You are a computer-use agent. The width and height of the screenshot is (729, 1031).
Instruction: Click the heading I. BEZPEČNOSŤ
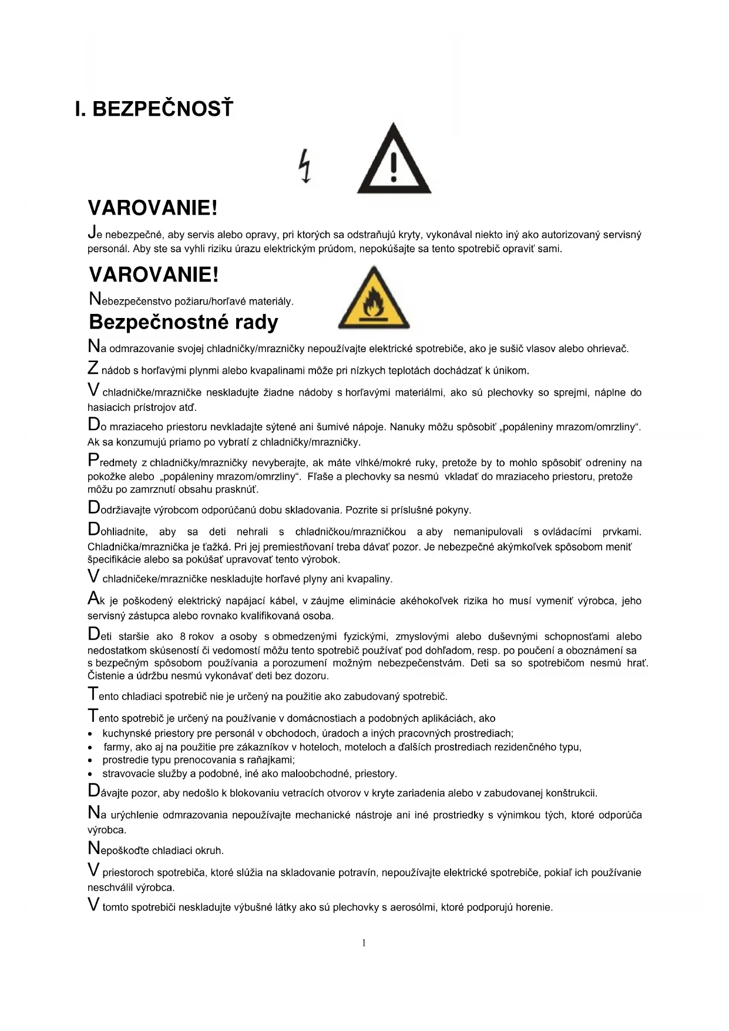click(154, 109)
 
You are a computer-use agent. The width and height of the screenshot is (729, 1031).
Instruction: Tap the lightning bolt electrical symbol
click(305, 166)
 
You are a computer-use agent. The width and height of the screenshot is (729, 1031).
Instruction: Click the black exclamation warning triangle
click(394, 160)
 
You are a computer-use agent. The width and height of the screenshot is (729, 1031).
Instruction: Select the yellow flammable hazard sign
click(374, 298)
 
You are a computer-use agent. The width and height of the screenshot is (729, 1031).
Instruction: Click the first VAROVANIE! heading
click(153, 207)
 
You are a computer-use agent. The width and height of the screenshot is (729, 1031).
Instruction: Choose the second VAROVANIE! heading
click(153, 275)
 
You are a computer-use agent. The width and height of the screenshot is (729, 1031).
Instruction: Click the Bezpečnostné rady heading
click(183, 322)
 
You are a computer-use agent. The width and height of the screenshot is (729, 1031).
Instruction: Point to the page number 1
click(364, 943)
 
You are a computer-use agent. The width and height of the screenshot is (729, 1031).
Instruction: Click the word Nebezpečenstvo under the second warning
click(128, 301)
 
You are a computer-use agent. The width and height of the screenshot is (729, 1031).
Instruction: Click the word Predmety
click(112, 462)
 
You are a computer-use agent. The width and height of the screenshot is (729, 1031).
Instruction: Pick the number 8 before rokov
click(183, 637)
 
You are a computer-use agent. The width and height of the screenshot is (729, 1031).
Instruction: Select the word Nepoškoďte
click(117, 850)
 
